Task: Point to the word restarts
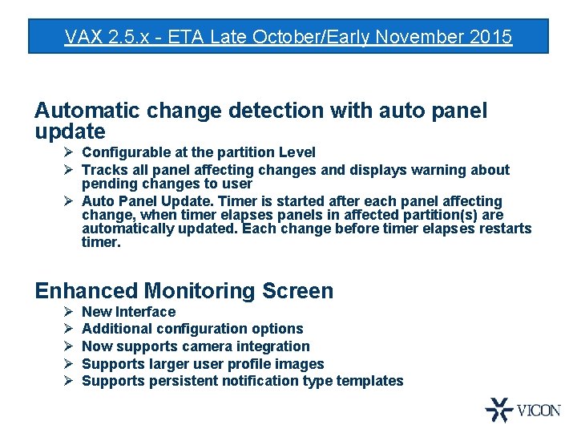tap(502, 229)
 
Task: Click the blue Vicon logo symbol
tap(498, 410)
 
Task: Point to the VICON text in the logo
tap(539, 411)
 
